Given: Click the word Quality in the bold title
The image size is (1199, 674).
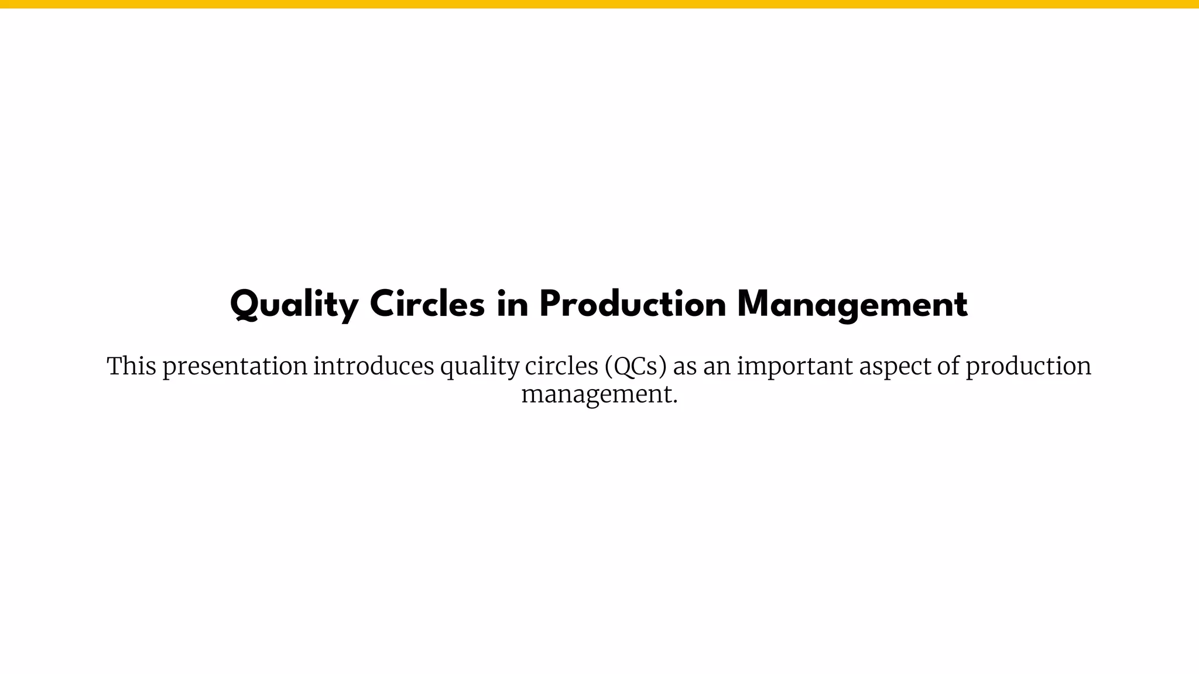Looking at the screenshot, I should (x=294, y=305).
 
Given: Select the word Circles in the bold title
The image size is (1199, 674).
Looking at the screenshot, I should (x=427, y=305).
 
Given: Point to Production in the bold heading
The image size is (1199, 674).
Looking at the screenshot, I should (x=633, y=305).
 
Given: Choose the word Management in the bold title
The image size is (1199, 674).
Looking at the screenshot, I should (x=852, y=305).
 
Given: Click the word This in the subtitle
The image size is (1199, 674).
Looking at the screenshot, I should (x=131, y=366).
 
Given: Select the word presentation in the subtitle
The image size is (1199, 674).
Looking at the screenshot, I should (x=235, y=367).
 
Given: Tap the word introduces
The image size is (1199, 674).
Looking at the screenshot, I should (x=374, y=366).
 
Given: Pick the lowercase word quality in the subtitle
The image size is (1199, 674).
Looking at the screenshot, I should (x=479, y=367).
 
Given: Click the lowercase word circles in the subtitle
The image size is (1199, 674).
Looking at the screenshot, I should (x=561, y=366).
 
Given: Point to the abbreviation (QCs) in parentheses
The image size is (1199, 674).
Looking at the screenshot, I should (x=636, y=367).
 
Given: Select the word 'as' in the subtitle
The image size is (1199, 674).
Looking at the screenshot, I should (x=685, y=367).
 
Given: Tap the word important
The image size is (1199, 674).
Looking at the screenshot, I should (x=795, y=367).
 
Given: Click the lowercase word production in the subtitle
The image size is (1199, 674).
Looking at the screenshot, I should (x=1028, y=367).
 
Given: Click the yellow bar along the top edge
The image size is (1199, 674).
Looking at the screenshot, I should (x=599, y=4).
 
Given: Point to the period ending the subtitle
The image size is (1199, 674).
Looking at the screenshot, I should (x=675, y=402).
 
